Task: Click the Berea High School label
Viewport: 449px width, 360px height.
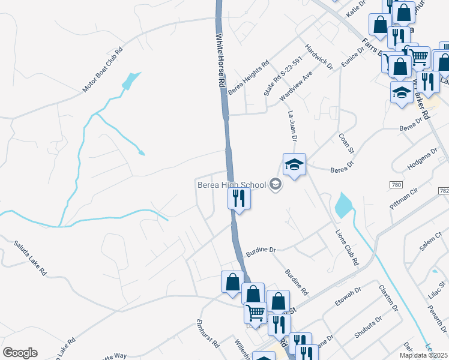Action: [x=231, y=185]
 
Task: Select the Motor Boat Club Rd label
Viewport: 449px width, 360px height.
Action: [x=103, y=70]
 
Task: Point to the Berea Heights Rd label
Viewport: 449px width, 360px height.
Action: [x=248, y=76]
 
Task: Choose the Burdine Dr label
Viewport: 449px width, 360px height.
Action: [x=260, y=249]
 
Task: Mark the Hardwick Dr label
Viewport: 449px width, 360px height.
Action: [x=318, y=58]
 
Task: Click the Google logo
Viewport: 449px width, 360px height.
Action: [x=20, y=353]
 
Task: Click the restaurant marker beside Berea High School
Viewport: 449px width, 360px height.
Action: [x=239, y=198]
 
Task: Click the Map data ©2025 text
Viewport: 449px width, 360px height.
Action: [x=423, y=355]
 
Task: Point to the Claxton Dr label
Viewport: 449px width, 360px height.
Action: [x=389, y=297]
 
